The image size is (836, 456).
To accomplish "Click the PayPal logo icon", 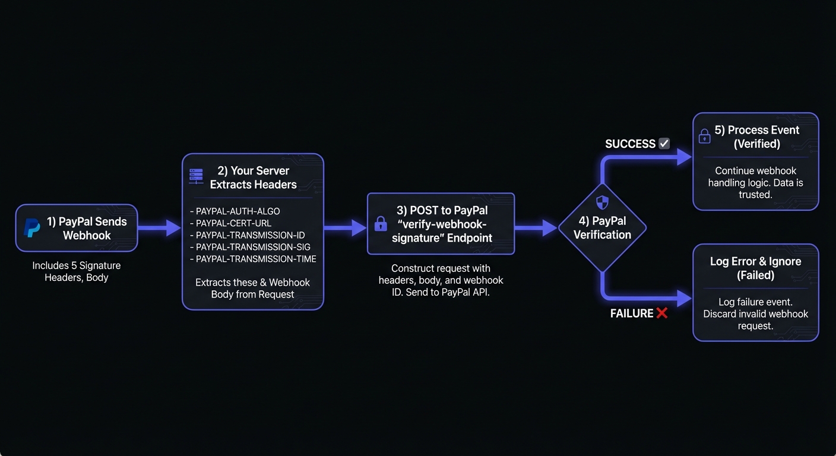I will pyautogui.click(x=32, y=228).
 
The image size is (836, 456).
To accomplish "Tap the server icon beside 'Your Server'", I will pyautogui.click(x=196, y=175).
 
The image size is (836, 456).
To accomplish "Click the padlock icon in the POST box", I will pyautogui.click(x=381, y=224).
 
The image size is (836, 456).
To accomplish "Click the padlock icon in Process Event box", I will pyautogui.click(x=705, y=137).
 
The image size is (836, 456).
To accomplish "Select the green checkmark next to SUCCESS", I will pyautogui.click(x=664, y=144).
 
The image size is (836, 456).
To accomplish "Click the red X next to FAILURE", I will pyautogui.click(x=661, y=313).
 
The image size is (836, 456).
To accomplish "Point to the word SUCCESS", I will pyautogui.click(x=630, y=144).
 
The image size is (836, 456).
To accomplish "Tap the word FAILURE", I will pyautogui.click(x=632, y=313).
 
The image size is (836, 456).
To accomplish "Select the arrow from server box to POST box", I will pyautogui.click(x=345, y=227).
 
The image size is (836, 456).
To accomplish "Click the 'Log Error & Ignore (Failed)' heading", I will pyautogui.click(x=755, y=268).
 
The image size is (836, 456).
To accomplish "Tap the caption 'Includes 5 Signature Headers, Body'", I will pyautogui.click(x=77, y=271).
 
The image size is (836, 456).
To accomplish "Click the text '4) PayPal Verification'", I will pyautogui.click(x=602, y=227).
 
